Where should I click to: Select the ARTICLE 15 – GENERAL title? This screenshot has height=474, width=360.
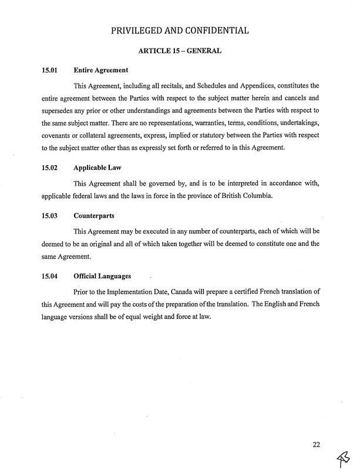[180, 52]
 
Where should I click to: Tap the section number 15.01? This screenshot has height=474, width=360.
[49, 71]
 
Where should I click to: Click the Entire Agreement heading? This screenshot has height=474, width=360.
[101, 71]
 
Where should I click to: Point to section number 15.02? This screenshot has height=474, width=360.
[49, 167]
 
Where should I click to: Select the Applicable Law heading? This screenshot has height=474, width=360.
[97, 167]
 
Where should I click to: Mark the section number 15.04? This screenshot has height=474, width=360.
[49, 275]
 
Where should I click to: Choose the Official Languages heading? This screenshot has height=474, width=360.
[103, 275]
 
